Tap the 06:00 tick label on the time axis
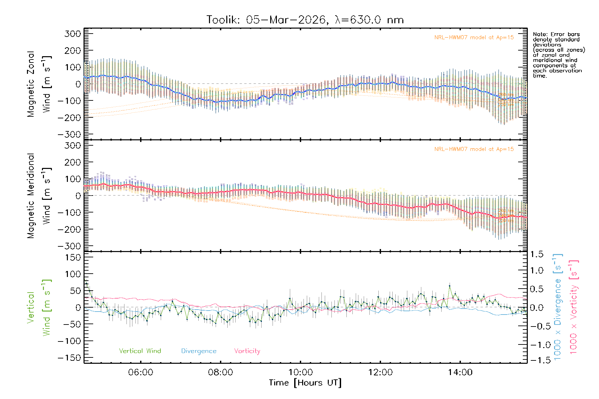pos(140,372)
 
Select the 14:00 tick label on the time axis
pos(460,372)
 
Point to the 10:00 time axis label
pos(300,372)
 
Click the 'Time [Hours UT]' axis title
pos(305,383)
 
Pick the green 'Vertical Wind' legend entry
pos(140,351)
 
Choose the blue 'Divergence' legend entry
pos(199,351)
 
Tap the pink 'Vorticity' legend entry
pos(247,351)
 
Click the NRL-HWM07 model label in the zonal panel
pos(474,38)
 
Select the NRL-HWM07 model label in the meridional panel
pos(474,149)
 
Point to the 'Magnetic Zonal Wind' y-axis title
pos(39,84)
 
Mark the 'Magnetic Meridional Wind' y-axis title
pos(39,196)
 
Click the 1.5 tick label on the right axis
pos(537,254)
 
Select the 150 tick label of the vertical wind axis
pos(73,257)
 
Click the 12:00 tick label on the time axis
pos(380,372)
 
